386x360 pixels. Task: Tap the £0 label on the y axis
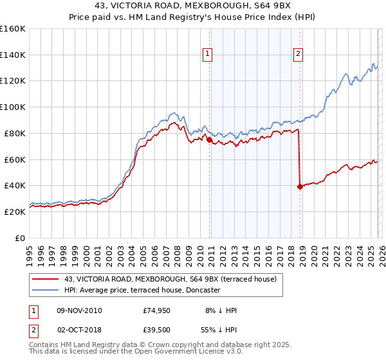19,238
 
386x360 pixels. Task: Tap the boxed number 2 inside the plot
299,55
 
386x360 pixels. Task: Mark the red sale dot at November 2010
209,139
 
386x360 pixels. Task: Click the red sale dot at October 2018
300,186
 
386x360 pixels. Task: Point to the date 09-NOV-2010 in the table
78,310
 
